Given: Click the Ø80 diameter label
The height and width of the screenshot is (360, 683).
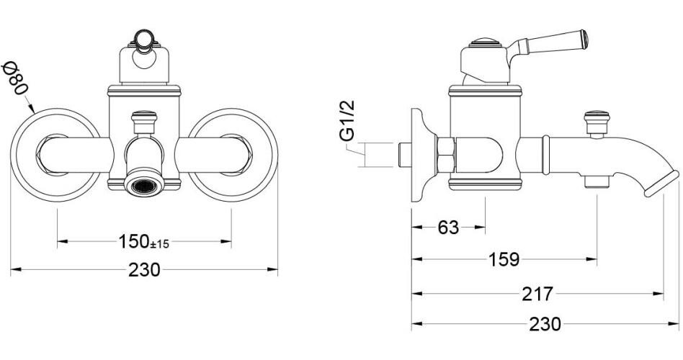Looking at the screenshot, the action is pyautogui.click(x=14, y=78).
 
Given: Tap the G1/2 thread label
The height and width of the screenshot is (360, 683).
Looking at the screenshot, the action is pyautogui.click(x=347, y=121).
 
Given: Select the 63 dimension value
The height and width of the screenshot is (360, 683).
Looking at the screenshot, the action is pyautogui.click(x=448, y=228).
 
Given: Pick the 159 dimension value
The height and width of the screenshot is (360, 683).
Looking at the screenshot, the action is pyautogui.click(x=504, y=260).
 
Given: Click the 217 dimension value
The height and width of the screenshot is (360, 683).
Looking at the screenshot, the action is pyautogui.click(x=537, y=294).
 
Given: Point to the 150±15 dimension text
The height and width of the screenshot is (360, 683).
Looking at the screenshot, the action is pyautogui.click(x=144, y=242).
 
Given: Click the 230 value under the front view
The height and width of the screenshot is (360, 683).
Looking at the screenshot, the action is pyautogui.click(x=144, y=270).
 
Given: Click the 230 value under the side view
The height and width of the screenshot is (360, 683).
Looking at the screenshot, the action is pyautogui.click(x=545, y=324).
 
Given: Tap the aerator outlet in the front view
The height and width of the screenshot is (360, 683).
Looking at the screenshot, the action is pyautogui.click(x=144, y=186).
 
